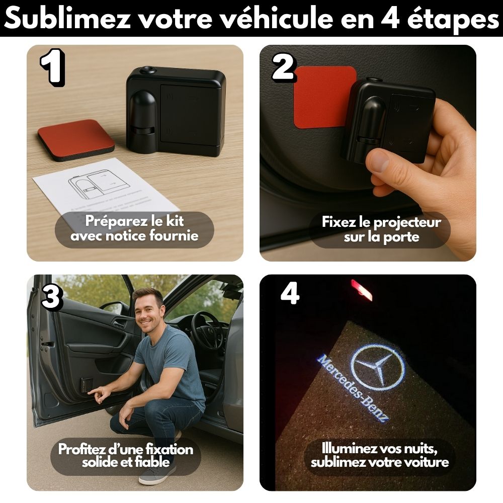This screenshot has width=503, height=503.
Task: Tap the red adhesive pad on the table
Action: click(x=76, y=140)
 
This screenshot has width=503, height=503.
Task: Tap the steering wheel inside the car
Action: click(x=207, y=330)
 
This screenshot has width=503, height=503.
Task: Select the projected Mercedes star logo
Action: click(x=377, y=367)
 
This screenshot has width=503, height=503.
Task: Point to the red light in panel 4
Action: click(x=362, y=290)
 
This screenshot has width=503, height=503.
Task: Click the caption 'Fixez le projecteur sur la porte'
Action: click(x=381, y=229)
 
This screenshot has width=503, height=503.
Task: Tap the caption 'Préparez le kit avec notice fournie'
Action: click(x=134, y=227)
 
